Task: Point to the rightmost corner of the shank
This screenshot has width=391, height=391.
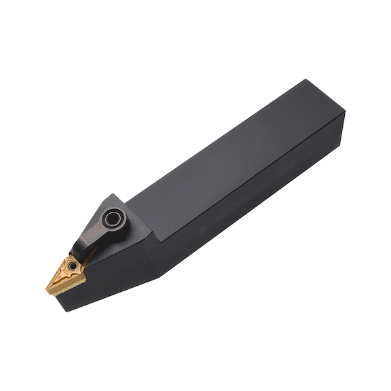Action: click(344, 113)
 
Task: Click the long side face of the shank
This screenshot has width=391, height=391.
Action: click(258, 204)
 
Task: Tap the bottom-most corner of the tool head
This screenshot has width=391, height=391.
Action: click(65, 311)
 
